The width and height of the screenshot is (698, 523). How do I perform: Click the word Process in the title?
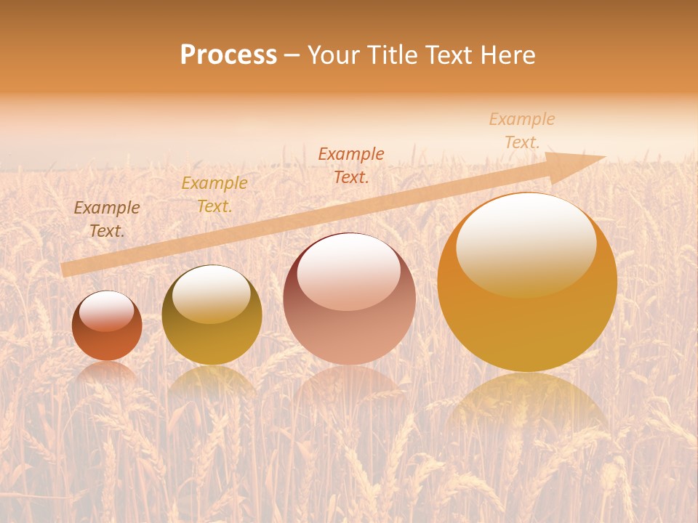click(x=228, y=55)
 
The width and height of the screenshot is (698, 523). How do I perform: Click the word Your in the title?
click(x=334, y=55)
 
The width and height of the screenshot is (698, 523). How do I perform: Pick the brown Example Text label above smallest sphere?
click(x=107, y=219)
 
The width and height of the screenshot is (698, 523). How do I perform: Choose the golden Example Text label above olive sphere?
click(x=214, y=195)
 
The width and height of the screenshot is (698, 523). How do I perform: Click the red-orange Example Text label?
click(x=351, y=165)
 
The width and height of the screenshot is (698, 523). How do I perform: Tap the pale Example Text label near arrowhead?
click(x=522, y=131)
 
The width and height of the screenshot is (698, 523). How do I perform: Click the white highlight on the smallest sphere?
click(x=107, y=311)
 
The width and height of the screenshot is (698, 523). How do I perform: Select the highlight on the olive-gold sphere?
click(x=212, y=293)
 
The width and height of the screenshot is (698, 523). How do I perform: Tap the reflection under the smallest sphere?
click(x=107, y=372)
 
